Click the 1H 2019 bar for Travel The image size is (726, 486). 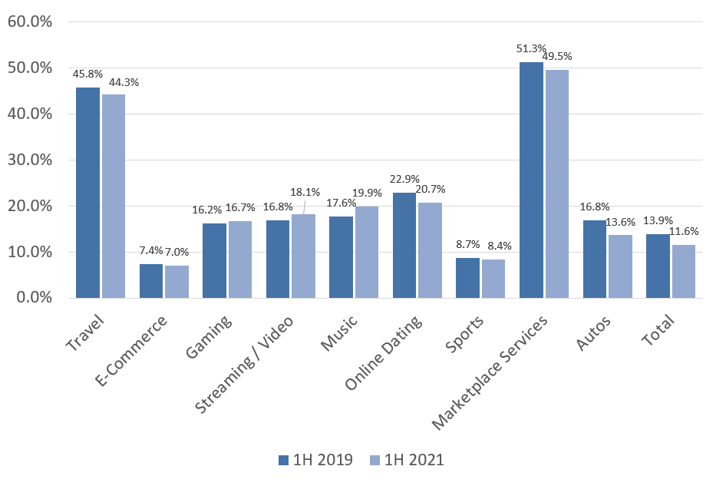(x=87, y=193)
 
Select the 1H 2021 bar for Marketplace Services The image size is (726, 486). (x=556, y=184)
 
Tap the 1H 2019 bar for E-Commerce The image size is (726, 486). (x=151, y=281)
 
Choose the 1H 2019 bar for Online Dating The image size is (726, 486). (x=404, y=245)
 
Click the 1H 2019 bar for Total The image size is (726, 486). (x=658, y=266)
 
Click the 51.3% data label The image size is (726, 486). (x=530, y=49)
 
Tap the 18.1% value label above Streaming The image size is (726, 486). (x=305, y=192)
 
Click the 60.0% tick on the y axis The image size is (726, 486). (x=29, y=21)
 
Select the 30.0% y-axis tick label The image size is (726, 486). (x=29, y=160)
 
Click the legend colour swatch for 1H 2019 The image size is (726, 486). (x=282, y=460)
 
